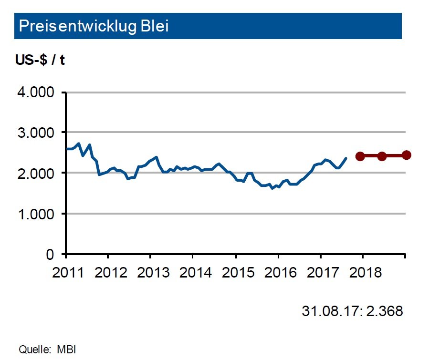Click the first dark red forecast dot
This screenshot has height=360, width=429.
coord(360,156)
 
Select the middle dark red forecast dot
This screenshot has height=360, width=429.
coord(382,156)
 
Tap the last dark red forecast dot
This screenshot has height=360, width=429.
coord(406,154)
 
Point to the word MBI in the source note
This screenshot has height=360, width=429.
coord(66,349)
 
